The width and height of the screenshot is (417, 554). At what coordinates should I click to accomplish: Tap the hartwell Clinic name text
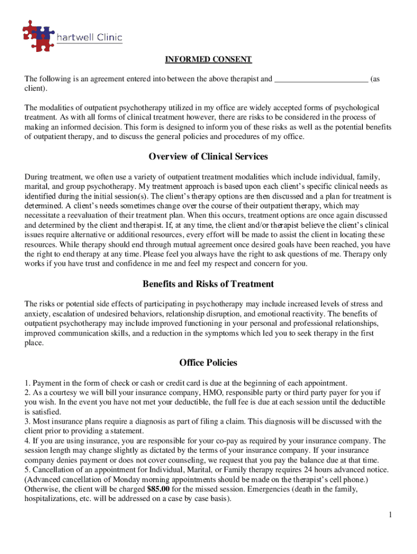point(89,37)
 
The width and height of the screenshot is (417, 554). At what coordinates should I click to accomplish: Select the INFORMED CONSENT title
point(208,59)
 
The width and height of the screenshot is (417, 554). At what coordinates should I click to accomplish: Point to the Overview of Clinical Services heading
point(208,156)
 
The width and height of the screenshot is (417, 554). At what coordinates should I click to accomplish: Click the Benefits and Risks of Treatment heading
point(208,283)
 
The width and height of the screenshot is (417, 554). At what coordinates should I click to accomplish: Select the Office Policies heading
point(208,362)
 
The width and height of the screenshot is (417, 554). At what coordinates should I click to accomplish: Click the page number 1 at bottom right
point(389,515)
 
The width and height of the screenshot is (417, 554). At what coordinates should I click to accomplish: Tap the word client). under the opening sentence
point(36,88)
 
